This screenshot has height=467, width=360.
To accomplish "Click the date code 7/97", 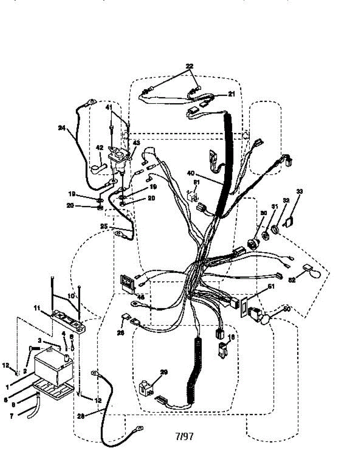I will pyautogui.click(x=184, y=436).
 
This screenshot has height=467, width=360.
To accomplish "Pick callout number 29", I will pyautogui.click(x=164, y=372).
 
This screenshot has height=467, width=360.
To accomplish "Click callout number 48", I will pyautogui.click(x=141, y=297).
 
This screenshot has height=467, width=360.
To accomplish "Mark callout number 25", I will pyautogui.click(x=104, y=226).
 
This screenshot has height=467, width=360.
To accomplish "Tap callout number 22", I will pyautogui.click(x=189, y=66).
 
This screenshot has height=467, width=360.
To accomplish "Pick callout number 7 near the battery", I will pyautogui.click(x=11, y=416).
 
